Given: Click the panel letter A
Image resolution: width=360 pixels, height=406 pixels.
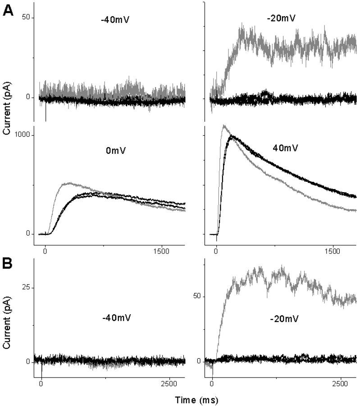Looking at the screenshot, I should (x=9, y=11).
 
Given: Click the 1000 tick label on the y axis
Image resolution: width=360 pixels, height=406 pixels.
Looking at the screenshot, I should (x=21, y=135).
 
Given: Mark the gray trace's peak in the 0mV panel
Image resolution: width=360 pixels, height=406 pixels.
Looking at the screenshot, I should (x=68, y=183).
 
